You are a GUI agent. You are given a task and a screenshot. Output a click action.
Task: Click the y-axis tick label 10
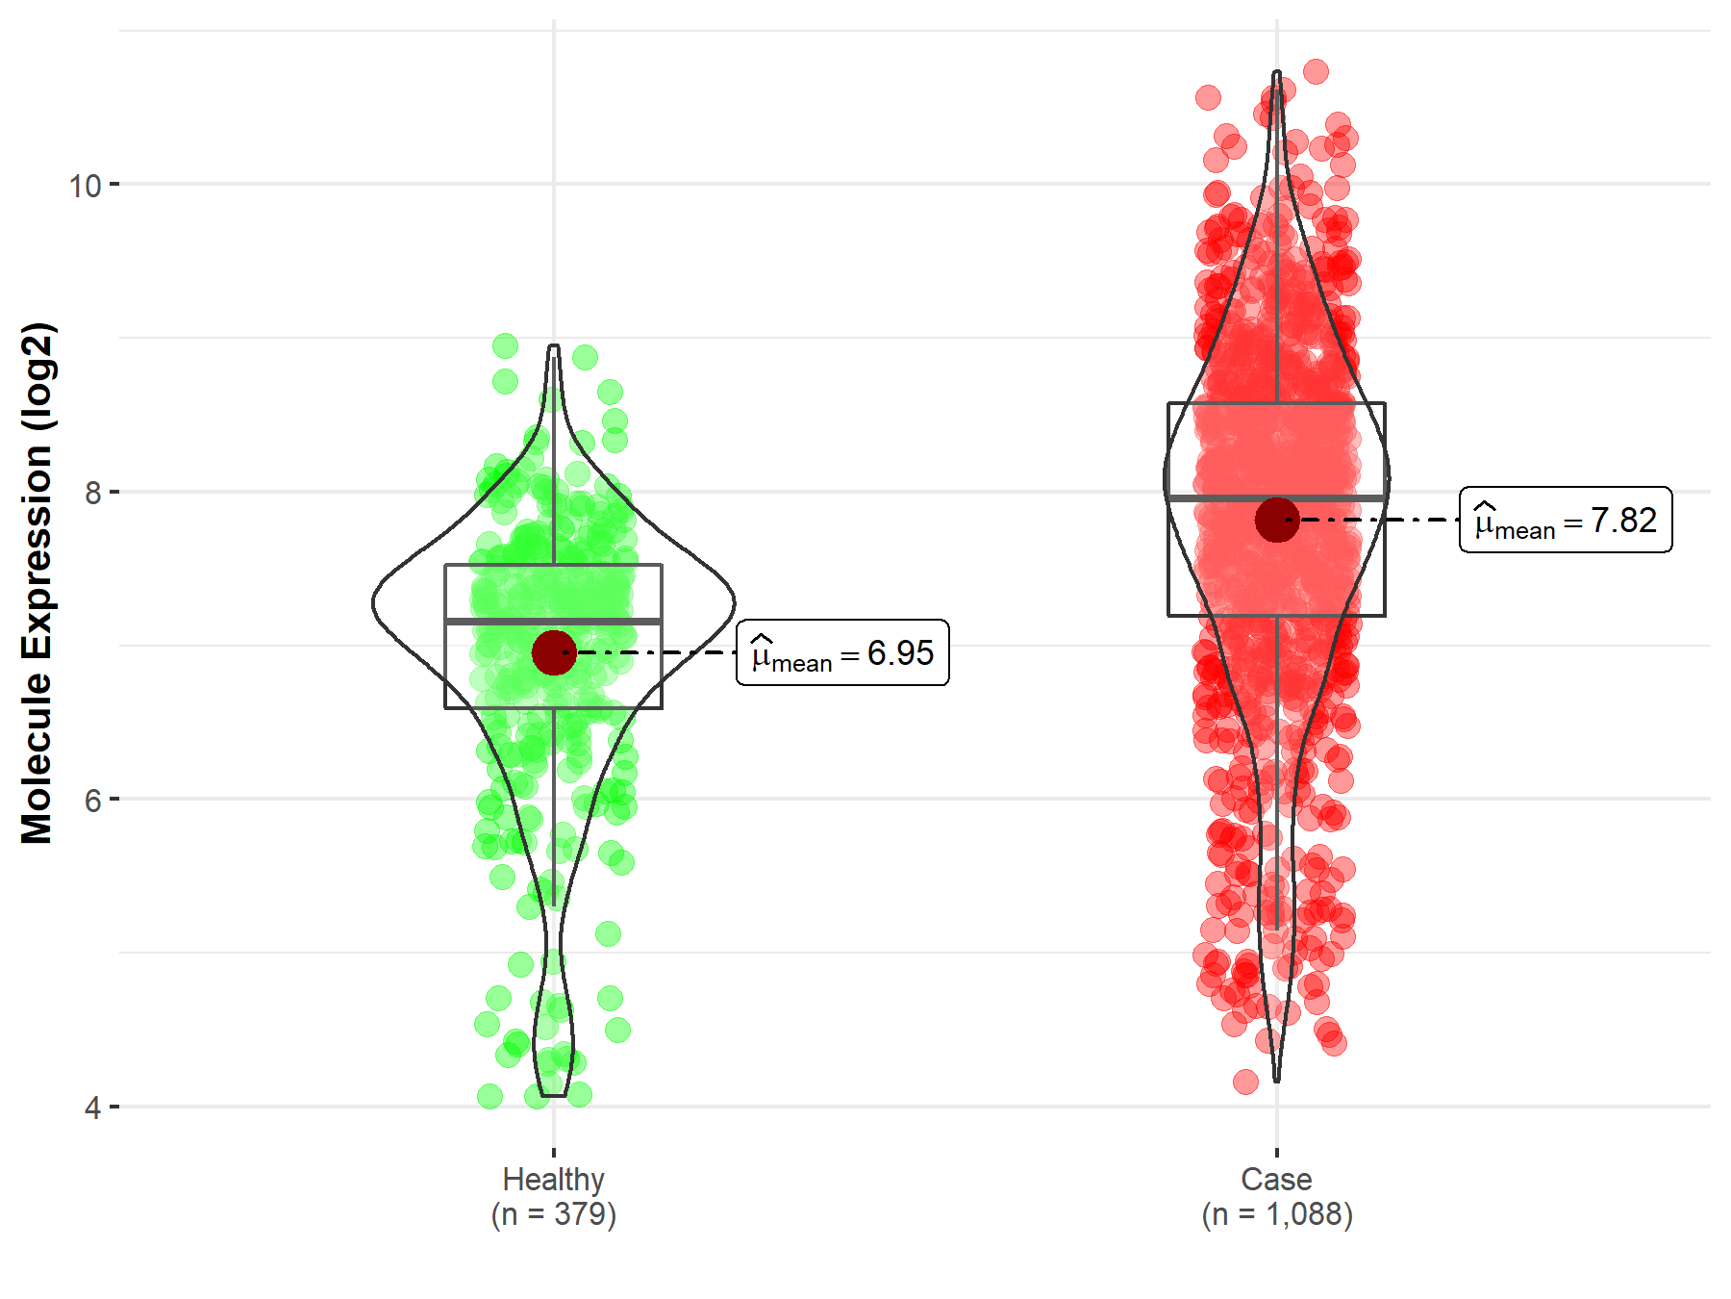pyautogui.click(x=85, y=185)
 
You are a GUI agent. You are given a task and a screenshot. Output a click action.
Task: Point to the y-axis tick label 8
pyautogui.click(x=92, y=493)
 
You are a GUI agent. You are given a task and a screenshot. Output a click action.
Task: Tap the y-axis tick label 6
pyautogui.click(x=92, y=800)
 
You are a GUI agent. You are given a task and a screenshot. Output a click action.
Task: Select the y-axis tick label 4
pyautogui.click(x=92, y=1108)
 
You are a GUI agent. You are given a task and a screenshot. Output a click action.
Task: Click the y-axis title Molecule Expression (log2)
pyautogui.click(x=37, y=583)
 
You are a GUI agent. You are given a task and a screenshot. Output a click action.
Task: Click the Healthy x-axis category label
pyautogui.click(x=553, y=1179)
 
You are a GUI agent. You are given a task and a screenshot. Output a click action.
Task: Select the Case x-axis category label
pyautogui.click(x=1276, y=1179)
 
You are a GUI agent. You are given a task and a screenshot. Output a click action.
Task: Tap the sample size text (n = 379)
pyautogui.click(x=553, y=1214)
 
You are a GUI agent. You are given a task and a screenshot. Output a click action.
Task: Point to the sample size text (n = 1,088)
pyautogui.click(x=1276, y=1214)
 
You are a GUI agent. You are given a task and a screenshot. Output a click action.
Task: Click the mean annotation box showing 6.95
pyautogui.click(x=842, y=653)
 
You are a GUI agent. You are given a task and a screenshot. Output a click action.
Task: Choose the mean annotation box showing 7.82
pyautogui.click(x=1566, y=520)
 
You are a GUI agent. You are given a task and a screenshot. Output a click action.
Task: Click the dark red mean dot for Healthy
pyautogui.click(x=554, y=653)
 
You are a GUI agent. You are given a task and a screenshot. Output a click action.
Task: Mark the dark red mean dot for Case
pyautogui.click(x=1277, y=520)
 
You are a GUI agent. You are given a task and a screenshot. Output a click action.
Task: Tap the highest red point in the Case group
pyautogui.click(x=1316, y=71)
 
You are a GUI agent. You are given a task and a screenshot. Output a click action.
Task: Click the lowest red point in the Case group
pyautogui.click(x=1245, y=1082)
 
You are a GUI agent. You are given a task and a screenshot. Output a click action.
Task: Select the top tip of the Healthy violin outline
pyautogui.click(x=554, y=346)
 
